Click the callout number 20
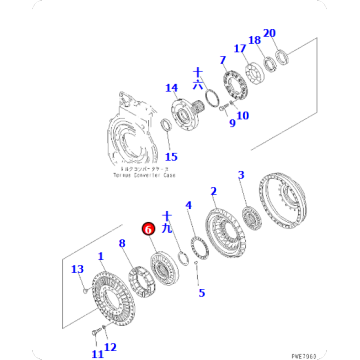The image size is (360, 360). [x=268, y=33]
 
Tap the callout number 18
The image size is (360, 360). [x=254, y=39]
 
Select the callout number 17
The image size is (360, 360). [x=239, y=47]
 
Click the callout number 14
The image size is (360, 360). [x=171, y=88]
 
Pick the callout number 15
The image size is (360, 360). [x=170, y=156]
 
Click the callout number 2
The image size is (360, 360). [x=212, y=190]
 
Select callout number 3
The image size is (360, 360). [x=240, y=176]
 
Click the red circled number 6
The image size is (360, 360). [x=147, y=228]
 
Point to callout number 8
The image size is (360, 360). [x=122, y=243]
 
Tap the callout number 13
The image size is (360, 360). [x=77, y=269]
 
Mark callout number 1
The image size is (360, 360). [x=99, y=257]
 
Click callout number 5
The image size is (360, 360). [x=201, y=293]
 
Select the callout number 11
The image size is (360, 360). [x=97, y=352]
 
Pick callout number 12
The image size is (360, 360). [x=111, y=347]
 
